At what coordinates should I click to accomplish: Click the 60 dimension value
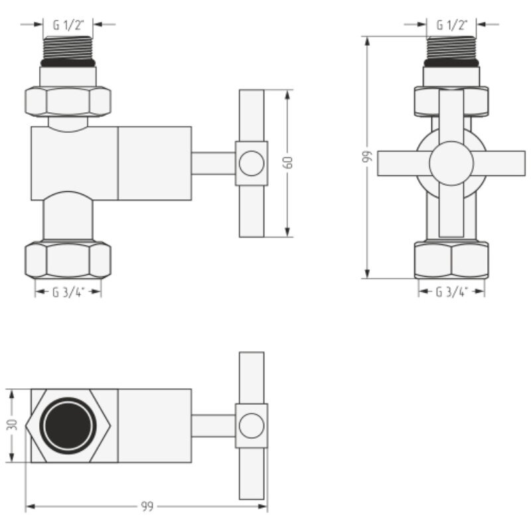tap(289, 163)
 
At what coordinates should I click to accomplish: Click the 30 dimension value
tap(13, 425)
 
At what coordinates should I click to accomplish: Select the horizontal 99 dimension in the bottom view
tap(147, 506)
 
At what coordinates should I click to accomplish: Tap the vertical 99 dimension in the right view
tap(368, 157)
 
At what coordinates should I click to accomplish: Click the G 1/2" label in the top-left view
tap(68, 25)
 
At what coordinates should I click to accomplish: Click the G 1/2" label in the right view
tap(452, 25)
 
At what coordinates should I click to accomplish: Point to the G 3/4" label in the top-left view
tap(68, 292)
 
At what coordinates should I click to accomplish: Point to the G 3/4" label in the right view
tap(452, 292)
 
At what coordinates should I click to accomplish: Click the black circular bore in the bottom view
tap(68, 425)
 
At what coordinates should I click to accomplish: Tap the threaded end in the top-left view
tap(68, 51)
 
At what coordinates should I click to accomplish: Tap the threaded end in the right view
tap(451, 51)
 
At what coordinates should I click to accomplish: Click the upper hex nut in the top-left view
tap(68, 102)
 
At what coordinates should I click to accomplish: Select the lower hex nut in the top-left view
tap(68, 260)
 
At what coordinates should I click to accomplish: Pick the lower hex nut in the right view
tap(451, 260)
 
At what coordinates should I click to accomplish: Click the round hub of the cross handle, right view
tap(451, 163)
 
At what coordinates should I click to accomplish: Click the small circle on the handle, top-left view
tap(252, 163)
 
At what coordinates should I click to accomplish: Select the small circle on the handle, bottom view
tap(252, 425)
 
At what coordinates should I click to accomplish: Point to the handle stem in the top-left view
tap(214, 163)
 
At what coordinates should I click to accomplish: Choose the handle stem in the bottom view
tap(214, 425)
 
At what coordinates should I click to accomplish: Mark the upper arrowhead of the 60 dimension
tap(287, 96)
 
